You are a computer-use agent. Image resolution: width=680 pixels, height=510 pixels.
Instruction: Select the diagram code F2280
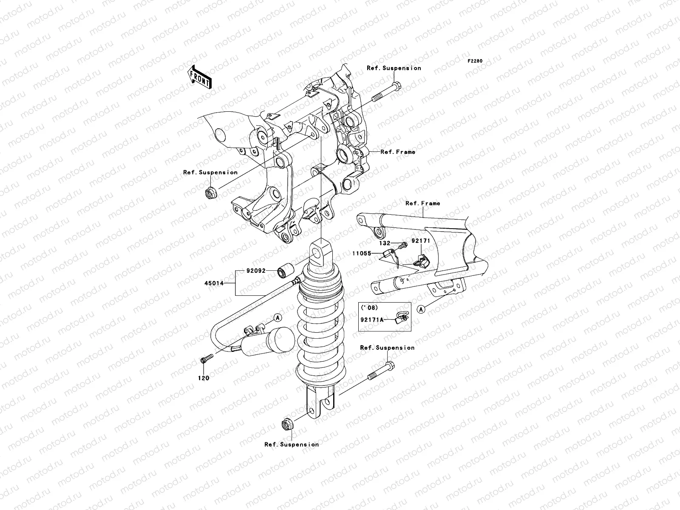(475, 61)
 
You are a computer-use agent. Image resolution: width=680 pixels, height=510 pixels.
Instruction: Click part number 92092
(255, 270)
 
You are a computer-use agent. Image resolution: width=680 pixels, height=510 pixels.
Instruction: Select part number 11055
(361, 253)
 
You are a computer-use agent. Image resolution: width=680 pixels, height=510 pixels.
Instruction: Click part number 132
(385, 244)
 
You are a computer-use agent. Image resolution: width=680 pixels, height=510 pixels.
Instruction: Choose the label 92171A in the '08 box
(372, 320)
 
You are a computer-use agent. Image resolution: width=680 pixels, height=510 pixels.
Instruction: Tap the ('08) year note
(369, 307)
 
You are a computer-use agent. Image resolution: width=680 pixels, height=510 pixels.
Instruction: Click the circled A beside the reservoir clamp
(277, 317)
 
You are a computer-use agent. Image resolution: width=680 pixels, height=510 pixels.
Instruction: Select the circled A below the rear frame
(421, 309)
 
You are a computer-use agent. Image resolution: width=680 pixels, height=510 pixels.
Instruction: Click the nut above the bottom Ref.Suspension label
(286, 424)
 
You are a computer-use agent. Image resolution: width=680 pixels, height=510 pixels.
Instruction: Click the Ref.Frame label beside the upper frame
(398, 152)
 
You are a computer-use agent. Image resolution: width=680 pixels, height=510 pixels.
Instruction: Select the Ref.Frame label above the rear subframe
(422, 203)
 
